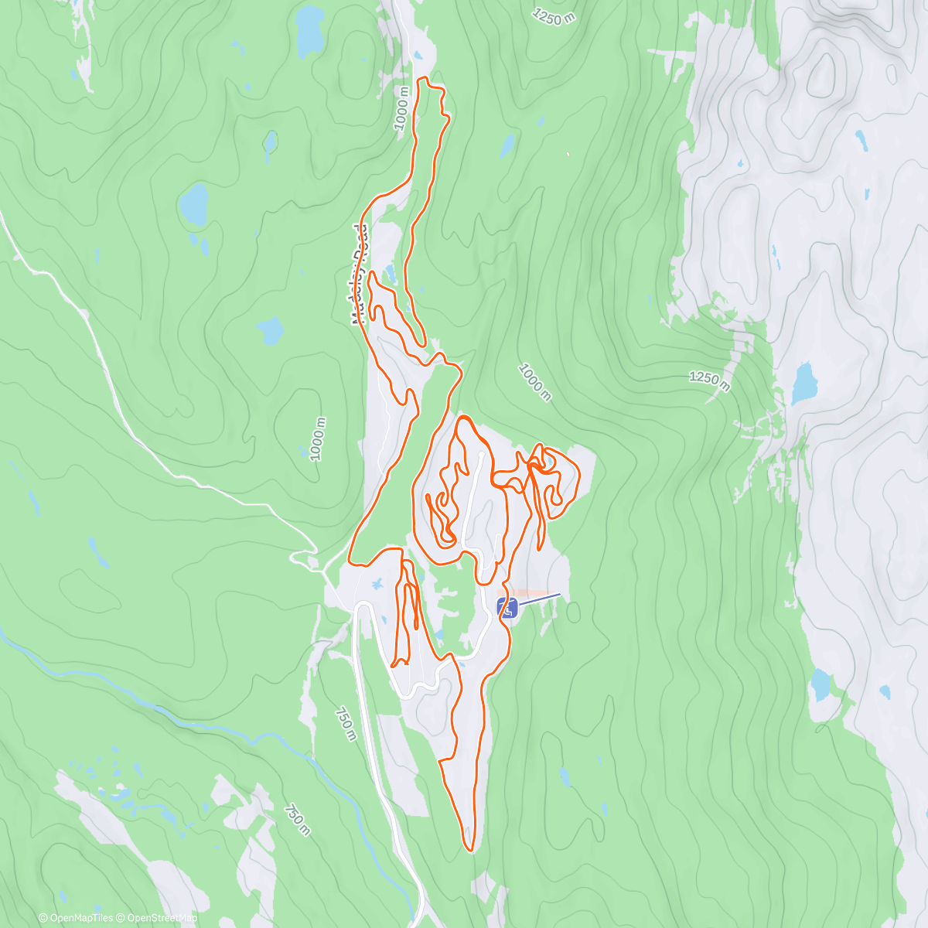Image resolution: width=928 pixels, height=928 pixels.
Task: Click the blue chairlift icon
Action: coord(507,608)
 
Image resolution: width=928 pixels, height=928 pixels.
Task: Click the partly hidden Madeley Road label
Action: coord(358,275)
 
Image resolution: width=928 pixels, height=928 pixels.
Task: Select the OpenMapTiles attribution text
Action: coord(76,918)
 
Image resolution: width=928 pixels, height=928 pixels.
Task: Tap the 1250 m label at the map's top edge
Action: coord(554,15)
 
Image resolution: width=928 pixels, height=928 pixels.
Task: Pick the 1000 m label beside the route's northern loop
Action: coord(402,107)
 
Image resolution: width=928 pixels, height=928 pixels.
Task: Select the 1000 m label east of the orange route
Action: coord(535,382)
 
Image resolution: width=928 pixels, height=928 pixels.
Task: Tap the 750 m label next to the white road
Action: coord(346,724)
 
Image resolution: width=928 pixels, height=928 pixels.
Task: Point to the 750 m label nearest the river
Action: coord(297,821)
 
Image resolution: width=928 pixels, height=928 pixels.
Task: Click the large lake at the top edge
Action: coord(310,28)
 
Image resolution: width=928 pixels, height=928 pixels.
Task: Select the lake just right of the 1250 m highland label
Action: coord(804,384)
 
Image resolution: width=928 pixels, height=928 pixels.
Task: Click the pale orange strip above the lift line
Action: coord(534,592)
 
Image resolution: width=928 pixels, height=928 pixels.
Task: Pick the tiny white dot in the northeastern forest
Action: coord(568,154)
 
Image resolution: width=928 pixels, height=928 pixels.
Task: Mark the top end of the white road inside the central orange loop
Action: coord(481,455)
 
